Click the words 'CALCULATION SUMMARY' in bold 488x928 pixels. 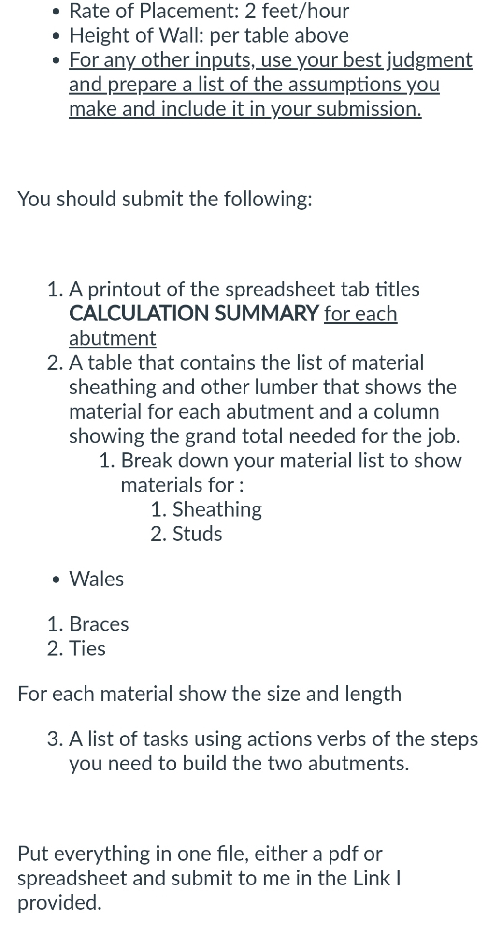click(193, 314)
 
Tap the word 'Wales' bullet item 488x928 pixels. click(97, 579)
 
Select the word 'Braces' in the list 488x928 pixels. click(99, 624)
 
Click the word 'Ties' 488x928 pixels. click(87, 649)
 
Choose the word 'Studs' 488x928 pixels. click(197, 534)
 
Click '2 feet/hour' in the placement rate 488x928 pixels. click(297, 11)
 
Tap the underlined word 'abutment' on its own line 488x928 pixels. click(113, 338)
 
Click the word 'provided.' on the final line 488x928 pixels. click(59, 902)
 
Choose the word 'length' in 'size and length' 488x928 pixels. click(373, 694)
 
